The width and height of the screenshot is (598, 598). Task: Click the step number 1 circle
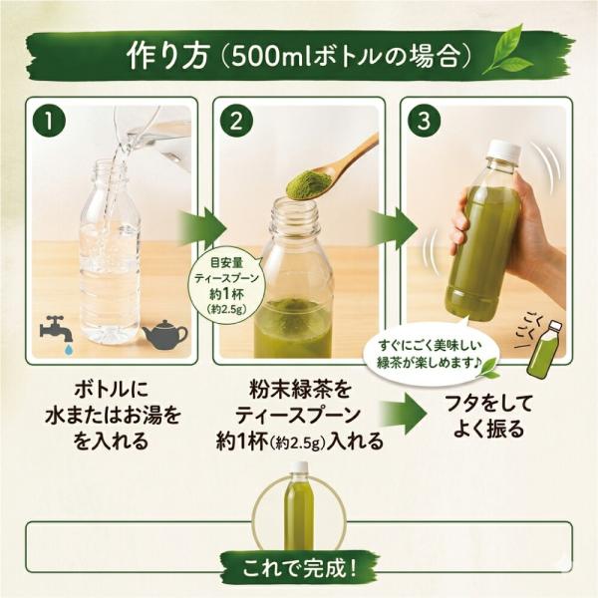(x=49, y=121)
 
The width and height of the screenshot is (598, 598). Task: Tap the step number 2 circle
(x=236, y=121)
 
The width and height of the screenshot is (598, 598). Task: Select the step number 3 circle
(x=424, y=121)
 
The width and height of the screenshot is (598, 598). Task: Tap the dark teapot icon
(x=164, y=334)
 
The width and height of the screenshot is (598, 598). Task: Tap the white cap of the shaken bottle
(x=505, y=149)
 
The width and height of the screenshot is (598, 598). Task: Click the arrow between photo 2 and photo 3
(x=392, y=228)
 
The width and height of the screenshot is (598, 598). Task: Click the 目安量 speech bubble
(x=227, y=286)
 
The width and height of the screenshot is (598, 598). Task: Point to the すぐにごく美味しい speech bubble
(x=430, y=354)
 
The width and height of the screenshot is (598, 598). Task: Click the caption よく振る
(x=489, y=430)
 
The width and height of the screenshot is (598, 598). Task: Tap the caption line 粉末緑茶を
(x=299, y=390)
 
